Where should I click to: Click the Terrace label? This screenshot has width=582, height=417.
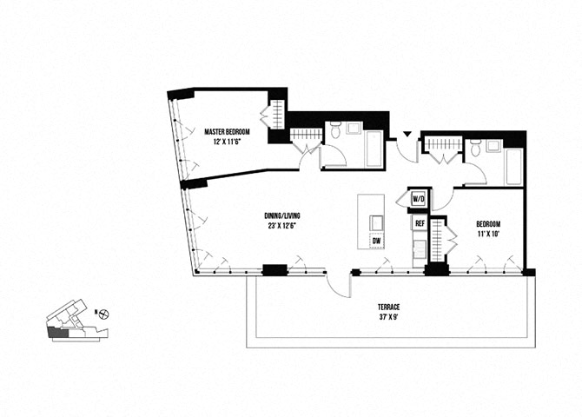387,307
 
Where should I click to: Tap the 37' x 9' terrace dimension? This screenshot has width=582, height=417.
387,317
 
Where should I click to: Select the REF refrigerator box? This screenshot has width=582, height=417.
420,223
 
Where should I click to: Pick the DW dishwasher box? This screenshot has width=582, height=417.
377,241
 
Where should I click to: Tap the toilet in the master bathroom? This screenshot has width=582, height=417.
333,131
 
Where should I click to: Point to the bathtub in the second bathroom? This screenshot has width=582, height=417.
513,167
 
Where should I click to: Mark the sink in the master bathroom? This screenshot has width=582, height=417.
354,129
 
